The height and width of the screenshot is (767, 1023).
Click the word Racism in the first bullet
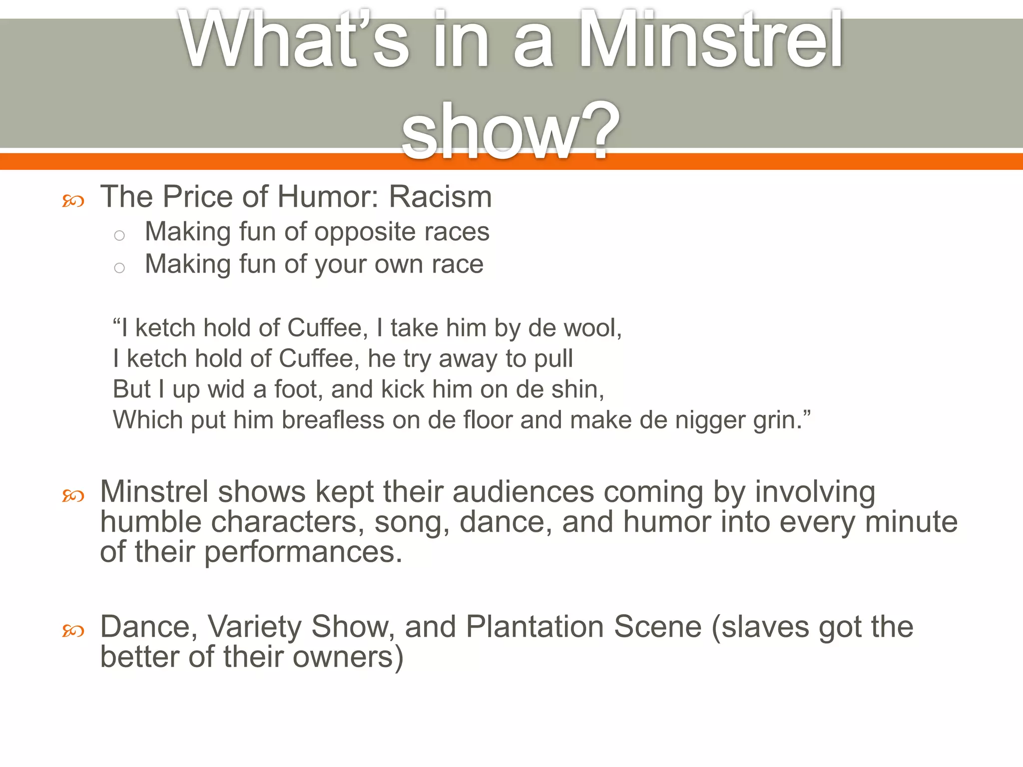tap(440, 197)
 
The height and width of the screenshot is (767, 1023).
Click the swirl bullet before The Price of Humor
tap(73, 201)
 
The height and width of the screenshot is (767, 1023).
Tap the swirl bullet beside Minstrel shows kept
tap(73, 496)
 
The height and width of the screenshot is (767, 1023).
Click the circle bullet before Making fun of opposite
tap(119, 235)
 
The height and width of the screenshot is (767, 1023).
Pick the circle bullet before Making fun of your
tap(119, 268)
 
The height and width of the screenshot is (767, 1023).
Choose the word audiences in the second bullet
tap(523, 492)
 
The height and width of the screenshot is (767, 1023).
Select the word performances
tap(303, 552)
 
